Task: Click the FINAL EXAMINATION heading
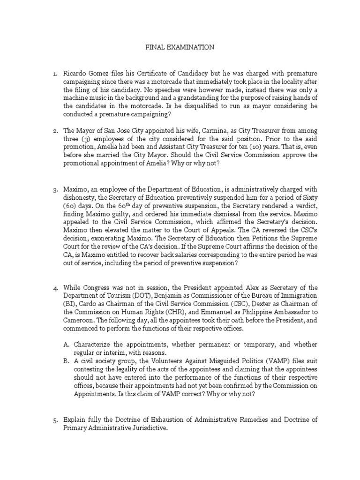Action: [180, 47]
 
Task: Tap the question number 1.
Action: [54, 74]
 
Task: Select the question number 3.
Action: [54, 190]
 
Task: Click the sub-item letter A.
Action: [67, 344]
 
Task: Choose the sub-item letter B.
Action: [67, 361]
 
